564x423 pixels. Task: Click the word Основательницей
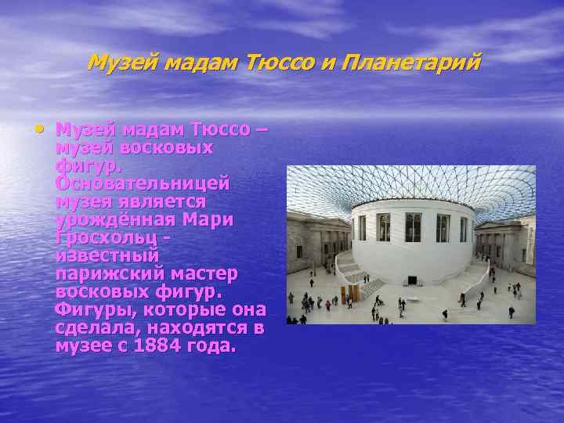click(x=143, y=183)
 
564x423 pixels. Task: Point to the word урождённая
click(x=111, y=219)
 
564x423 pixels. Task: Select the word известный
click(x=107, y=255)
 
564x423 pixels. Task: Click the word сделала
click(x=91, y=327)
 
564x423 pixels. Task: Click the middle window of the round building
click(x=412, y=227)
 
